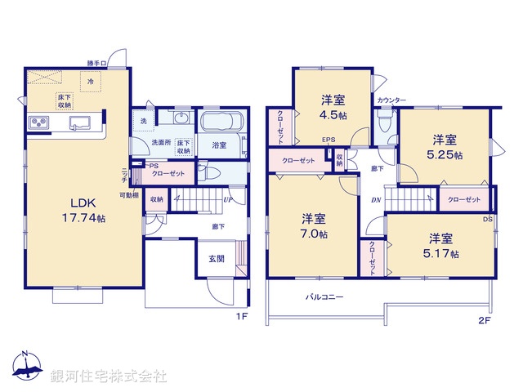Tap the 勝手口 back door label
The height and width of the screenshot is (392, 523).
99,63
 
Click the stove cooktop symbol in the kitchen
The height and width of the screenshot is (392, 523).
38,123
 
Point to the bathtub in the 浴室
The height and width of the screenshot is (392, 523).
219,125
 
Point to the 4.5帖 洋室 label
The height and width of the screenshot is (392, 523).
333,107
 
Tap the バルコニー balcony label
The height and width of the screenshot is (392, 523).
324,297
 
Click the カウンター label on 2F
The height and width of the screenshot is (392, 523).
391,100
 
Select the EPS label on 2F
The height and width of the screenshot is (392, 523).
328,140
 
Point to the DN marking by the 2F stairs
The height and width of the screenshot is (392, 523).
375,199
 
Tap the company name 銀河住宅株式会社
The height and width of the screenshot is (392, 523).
108,376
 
